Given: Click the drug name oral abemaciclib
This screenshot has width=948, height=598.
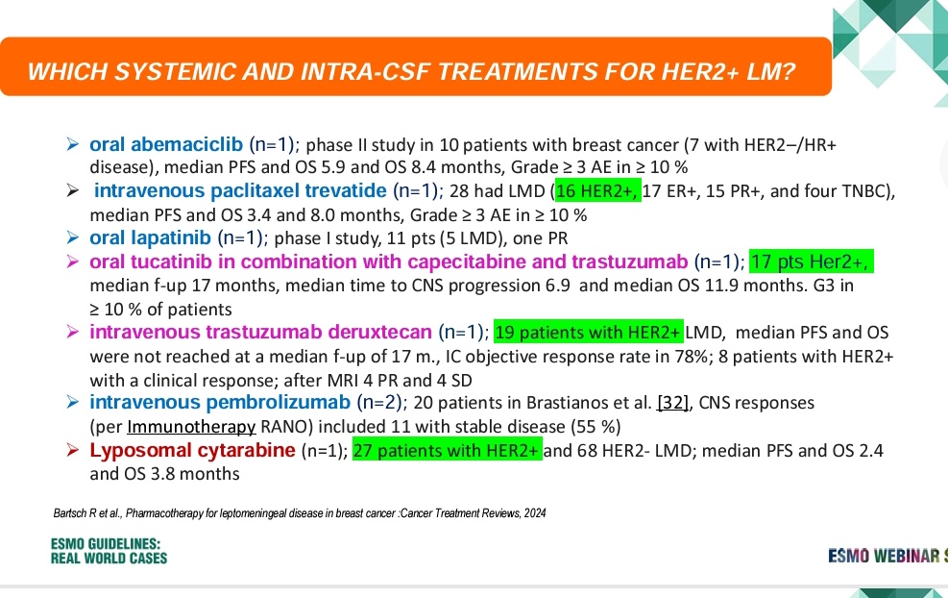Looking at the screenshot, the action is [x=166, y=144].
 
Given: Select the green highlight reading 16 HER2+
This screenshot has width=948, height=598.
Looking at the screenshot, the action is [x=597, y=190].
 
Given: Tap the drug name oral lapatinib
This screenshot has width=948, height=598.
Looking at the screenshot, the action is [x=151, y=237].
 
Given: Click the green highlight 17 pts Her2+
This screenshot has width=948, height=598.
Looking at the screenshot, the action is [x=812, y=262].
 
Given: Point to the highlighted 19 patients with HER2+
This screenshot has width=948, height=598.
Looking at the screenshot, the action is [x=588, y=332].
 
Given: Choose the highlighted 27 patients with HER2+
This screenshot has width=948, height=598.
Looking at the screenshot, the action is [x=448, y=450].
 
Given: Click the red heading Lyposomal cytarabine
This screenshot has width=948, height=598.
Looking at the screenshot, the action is [x=192, y=450].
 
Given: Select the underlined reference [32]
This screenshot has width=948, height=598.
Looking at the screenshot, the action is [x=673, y=403].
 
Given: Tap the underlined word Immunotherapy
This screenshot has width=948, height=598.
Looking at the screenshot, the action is [x=191, y=427].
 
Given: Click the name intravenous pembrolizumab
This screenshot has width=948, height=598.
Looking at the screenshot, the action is [x=220, y=403].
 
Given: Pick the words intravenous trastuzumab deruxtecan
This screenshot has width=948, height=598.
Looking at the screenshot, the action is [x=260, y=333].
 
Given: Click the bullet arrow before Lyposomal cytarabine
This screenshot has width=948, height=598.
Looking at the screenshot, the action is [x=73, y=450].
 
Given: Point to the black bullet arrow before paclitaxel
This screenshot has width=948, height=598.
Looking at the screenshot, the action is [x=73, y=190].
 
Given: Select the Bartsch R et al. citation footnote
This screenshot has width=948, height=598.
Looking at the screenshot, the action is [x=300, y=513].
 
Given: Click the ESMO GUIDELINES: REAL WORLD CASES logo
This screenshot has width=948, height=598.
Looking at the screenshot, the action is [x=109, y=551].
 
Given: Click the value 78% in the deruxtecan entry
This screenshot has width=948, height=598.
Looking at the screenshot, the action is [x=692, y=356].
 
